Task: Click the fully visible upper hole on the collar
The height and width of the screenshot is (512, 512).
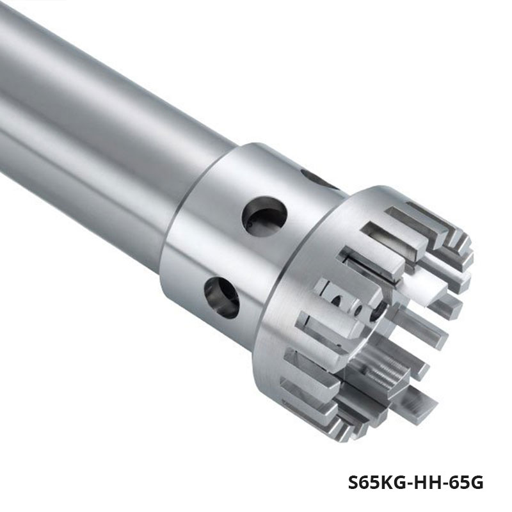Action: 264,216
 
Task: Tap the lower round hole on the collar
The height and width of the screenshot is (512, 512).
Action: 221,297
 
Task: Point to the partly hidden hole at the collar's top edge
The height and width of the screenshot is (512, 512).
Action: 318,180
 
